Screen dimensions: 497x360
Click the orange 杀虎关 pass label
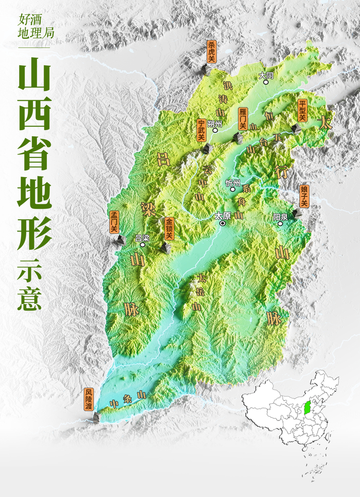click(211, 51)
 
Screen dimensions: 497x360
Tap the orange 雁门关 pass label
click(242, 119)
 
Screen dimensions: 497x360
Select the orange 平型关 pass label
click(302, 111)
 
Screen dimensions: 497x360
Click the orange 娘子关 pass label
click(303, 197)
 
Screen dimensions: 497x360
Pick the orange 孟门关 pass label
click(114, 222)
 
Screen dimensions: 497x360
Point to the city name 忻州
click(232, 183)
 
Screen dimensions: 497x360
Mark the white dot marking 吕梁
click(143, 245)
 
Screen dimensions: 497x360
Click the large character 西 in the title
click(34, 112)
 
